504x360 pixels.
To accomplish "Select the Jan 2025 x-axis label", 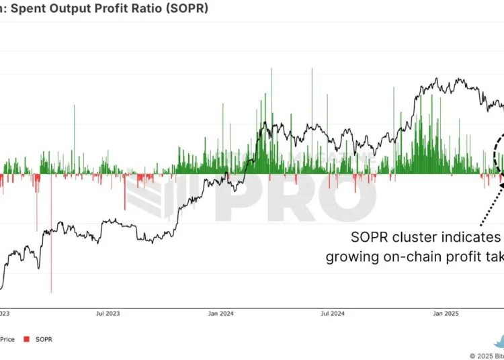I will point(446,313).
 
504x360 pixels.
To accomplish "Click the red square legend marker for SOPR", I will point(26,339).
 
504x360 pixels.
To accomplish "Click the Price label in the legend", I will point(7,339).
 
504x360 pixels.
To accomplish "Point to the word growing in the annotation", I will point(351,257).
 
